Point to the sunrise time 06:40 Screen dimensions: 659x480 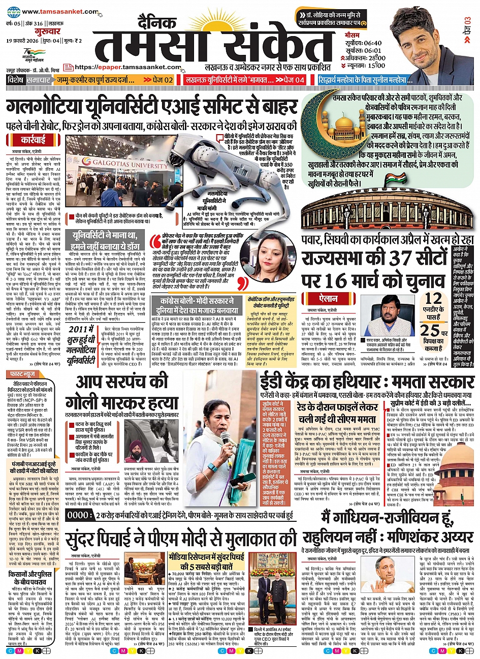point(373,43)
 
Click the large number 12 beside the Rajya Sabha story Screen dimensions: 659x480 point(433,298)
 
